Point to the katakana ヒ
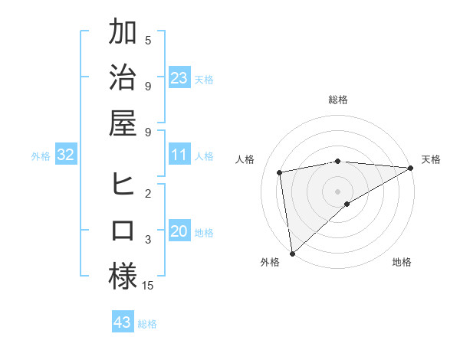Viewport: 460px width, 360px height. [x=123, y=185]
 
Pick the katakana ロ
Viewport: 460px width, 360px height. [x=123, y=231]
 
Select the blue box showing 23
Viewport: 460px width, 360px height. [x=179, y=78]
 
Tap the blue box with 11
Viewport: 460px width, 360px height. [x=179, y=155]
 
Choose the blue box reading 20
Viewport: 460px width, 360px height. [x=179, y=232]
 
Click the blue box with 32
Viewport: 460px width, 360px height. [x=66, y=155]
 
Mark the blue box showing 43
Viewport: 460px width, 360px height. [x=123, y=323]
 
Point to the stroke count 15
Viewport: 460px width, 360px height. [x=148, y=286]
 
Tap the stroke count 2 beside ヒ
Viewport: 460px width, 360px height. [x=148, y=194]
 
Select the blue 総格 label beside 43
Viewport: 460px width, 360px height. [x=147, y=324]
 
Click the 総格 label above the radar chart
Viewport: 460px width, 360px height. [x=338, y=100]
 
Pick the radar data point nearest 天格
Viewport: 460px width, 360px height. [x=411, y=168]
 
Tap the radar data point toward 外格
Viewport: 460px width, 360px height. [x=292, y=253]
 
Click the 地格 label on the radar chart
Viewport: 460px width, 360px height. [x=402, y=262]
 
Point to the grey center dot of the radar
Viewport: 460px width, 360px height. [x=337, y=190]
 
